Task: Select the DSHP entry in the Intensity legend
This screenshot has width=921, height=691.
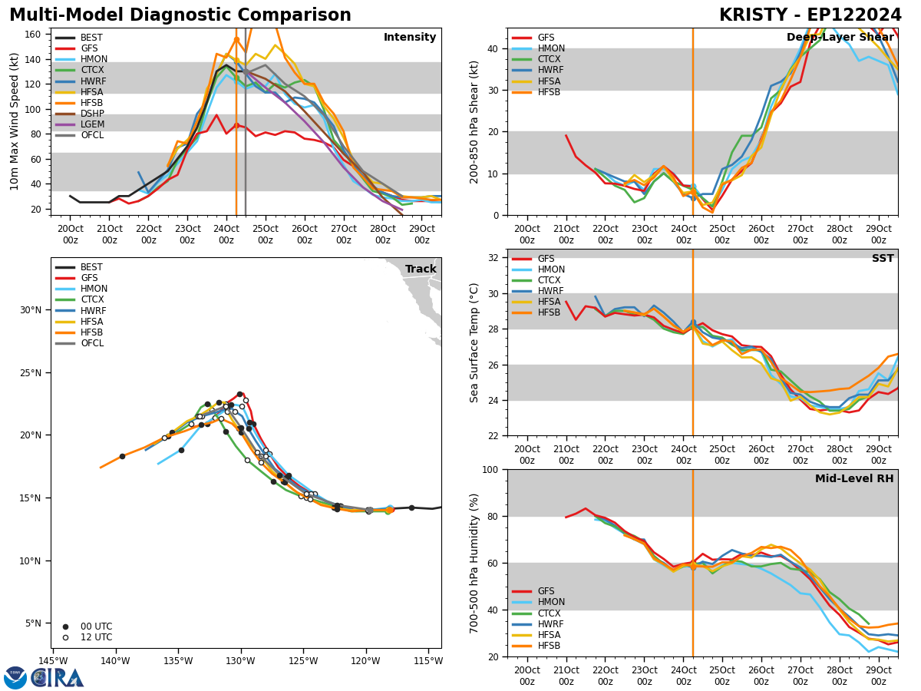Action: coord(93,114)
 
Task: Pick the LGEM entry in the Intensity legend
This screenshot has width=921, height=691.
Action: coord(93,124)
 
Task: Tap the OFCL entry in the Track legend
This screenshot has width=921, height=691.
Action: coord(93,343)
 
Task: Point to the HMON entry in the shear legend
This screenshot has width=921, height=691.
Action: coord(550,48)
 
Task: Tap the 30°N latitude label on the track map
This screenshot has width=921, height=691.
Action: coord(31,310)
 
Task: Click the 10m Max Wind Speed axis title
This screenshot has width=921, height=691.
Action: coord(14,121)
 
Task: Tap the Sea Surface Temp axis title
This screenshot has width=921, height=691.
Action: coord(474,342)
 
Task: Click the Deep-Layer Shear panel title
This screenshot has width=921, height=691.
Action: coord(840,38)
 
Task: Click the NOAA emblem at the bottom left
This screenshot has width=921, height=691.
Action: coord(15,677)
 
